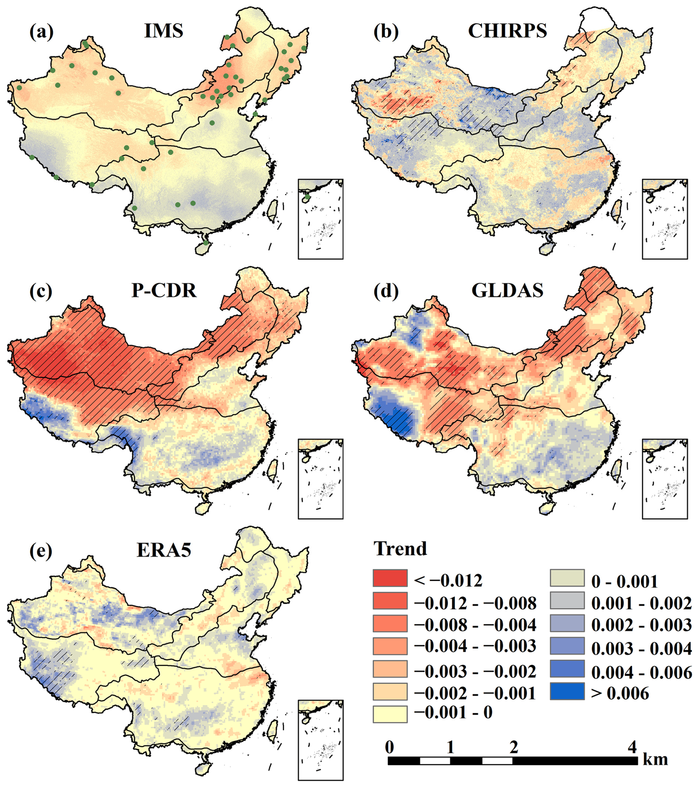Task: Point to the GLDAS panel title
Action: [507, 290]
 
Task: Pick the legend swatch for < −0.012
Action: [390, 578]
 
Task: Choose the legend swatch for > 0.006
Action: [567, 691]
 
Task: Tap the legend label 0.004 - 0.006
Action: [641, 672]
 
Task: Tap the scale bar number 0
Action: [389, 747]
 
